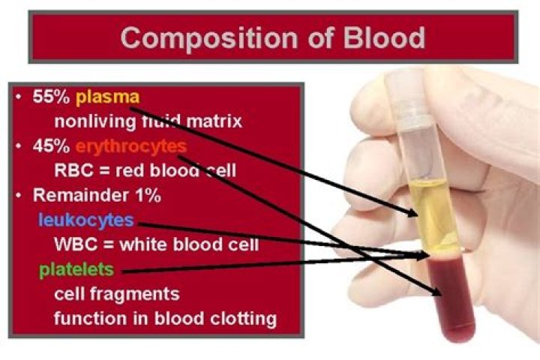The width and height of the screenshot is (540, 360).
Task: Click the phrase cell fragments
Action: point(116,293)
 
